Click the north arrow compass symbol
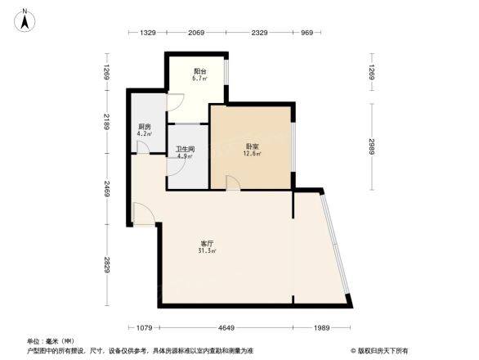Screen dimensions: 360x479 click(x=26, y=18)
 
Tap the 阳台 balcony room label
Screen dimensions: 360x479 click(x=199, y=71)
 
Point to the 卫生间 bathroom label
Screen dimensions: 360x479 click(x=185, y=150)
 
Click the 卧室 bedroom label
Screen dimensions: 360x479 click(x=252, y=145)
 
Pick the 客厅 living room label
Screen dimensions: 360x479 click(x=207, y=244)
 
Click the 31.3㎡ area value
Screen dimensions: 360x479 click(x=207, y=252)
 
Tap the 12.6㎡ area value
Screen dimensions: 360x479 click(x=252, y=153)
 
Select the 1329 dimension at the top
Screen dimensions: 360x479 click(x=147, y=33)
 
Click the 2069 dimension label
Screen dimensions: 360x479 click(x=196, y=33)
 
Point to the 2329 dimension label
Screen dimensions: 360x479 click(x=259, y=33)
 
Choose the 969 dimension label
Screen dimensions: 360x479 click(x=307, y=33)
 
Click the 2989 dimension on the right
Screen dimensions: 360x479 click(x=371, y=146)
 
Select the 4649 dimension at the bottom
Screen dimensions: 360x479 click(x=226, y=328)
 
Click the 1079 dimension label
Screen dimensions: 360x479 click(x=144, y=328)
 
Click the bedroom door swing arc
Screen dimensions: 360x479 click(x=233, y=183)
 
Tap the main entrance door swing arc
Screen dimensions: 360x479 click(x=143, y=214)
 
